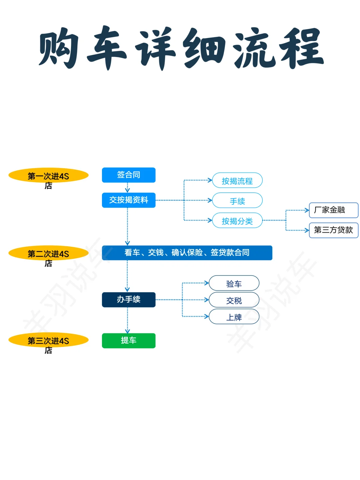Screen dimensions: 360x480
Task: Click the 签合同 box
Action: [129, 175]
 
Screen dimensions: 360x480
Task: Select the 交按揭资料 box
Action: [129, 200]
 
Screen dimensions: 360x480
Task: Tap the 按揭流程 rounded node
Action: [237, 180]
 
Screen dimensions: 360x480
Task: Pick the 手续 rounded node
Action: [237, 200]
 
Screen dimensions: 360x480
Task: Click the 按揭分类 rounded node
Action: [237, 220]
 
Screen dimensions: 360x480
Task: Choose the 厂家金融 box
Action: [333, 210]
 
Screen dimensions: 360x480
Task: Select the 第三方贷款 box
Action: [333, 230]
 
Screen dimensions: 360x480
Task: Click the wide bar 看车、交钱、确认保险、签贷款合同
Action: [187, 253]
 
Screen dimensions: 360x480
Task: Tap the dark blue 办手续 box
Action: [129, 300]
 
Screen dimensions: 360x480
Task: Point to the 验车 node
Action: [234, 283]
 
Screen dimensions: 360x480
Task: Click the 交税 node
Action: [234, 300]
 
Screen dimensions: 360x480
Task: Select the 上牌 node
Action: [234, 317]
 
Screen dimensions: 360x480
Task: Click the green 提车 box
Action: [129, 341]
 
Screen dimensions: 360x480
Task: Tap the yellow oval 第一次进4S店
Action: [48, 175]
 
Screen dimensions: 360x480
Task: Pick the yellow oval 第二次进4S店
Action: [48, 253]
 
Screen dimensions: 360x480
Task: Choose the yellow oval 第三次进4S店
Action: [48, 340]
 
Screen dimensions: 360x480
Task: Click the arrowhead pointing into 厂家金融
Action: [307, 210]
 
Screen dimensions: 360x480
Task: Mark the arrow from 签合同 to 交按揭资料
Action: [127, 187]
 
